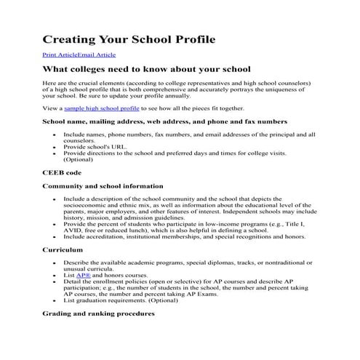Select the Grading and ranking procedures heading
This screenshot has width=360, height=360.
click(98, 313)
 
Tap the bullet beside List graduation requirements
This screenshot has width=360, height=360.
click(55, 300)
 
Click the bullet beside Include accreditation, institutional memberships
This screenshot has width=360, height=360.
click(55, 236)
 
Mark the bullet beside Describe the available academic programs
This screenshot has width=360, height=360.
click(55, 262)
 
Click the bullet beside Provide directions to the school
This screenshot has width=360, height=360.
click(55, 153)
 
